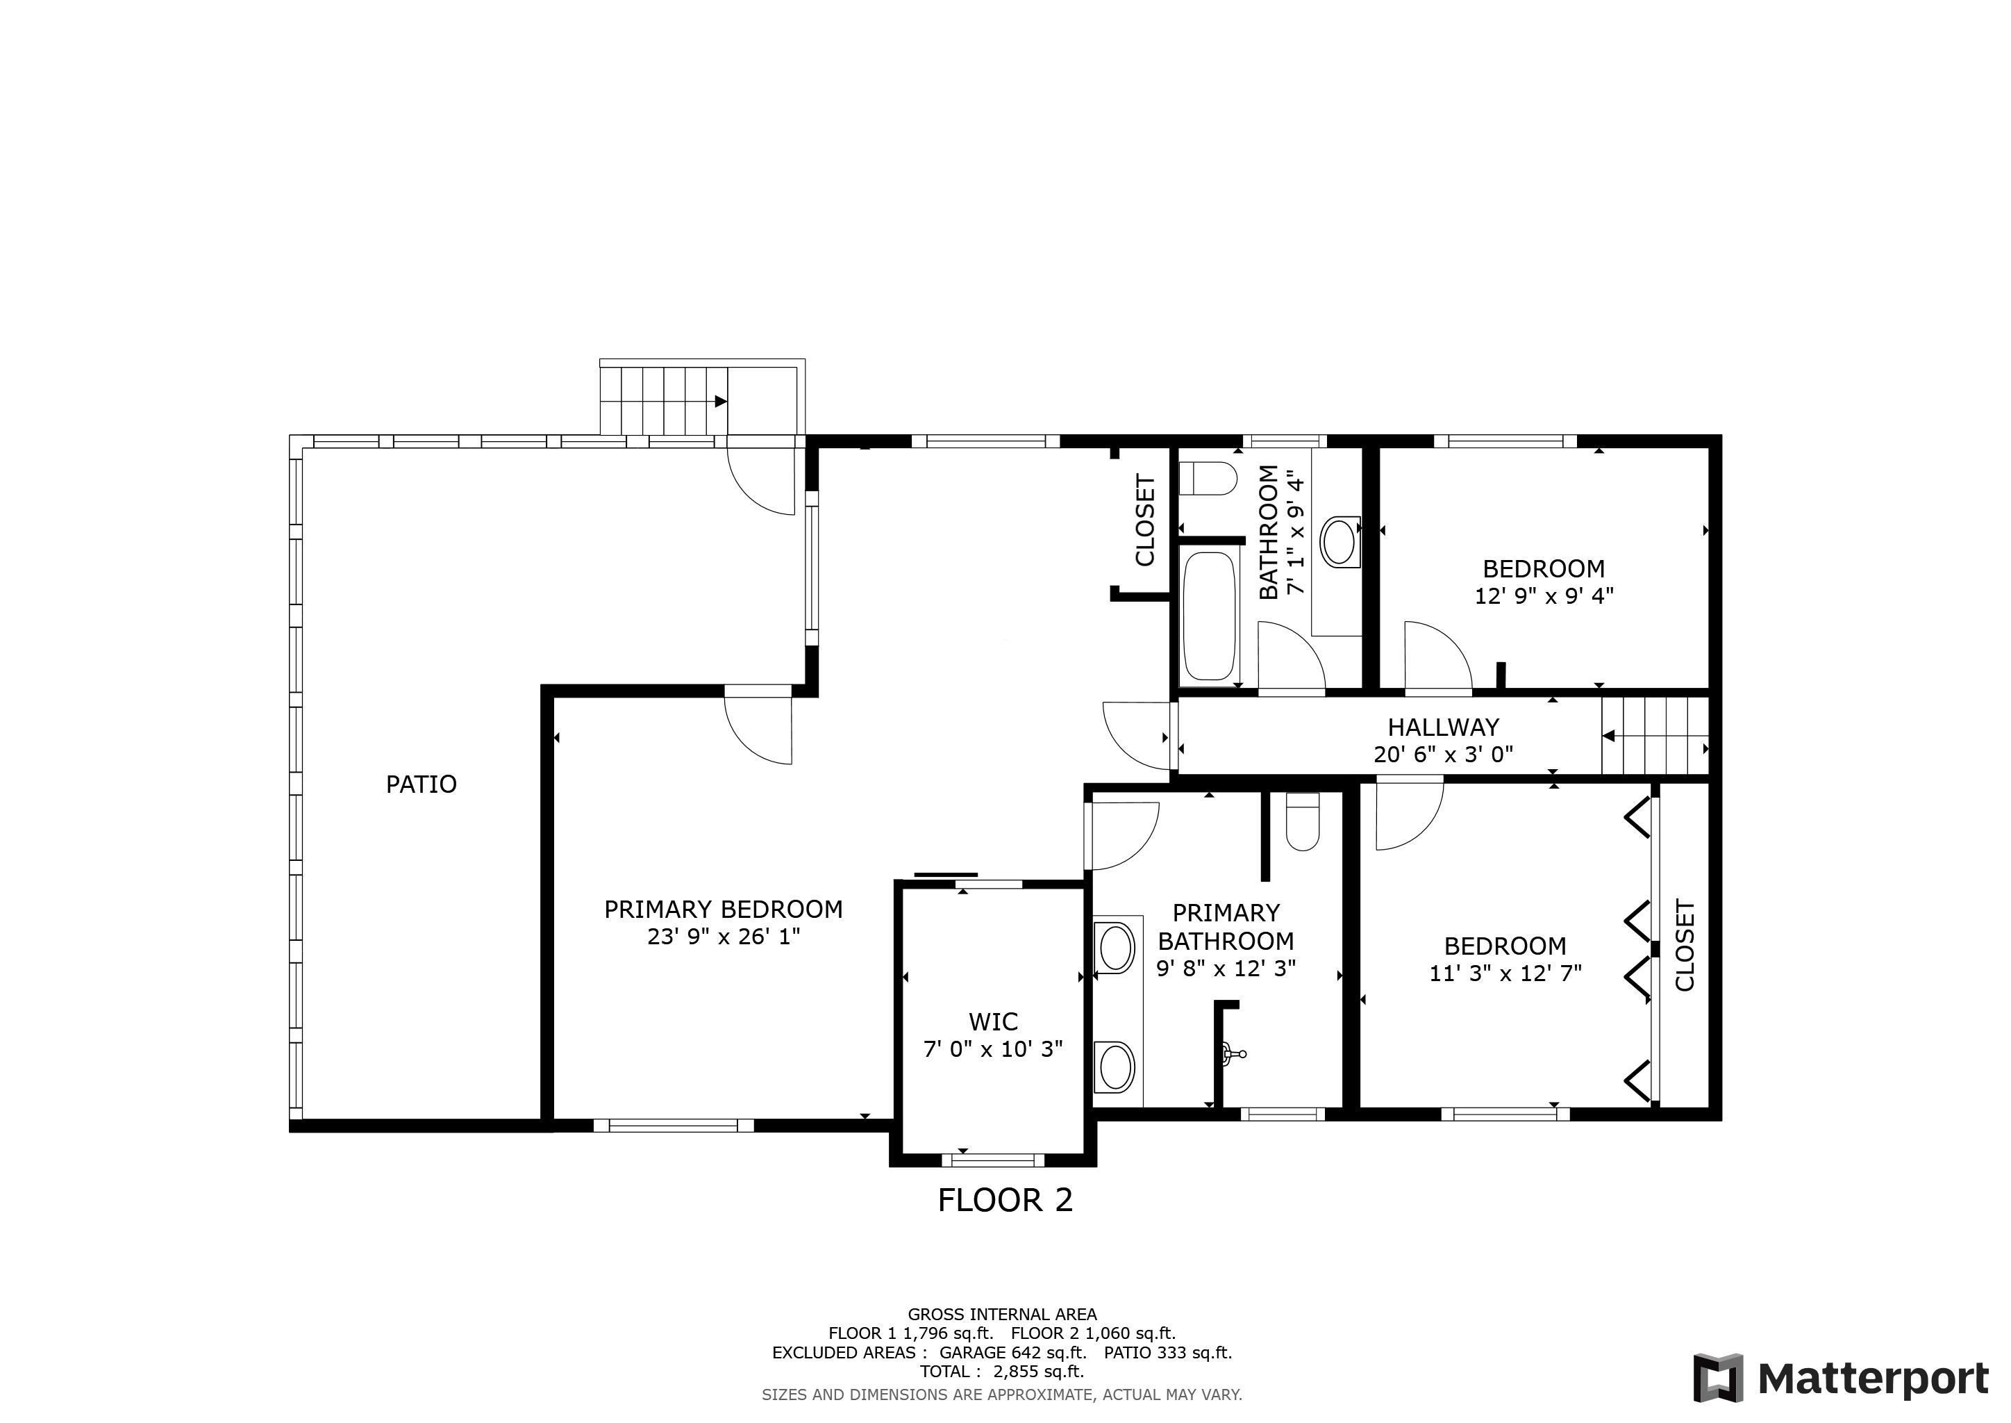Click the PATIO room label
click(x=422, y=784)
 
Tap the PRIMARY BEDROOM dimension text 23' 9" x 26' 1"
click(x=724, y=937)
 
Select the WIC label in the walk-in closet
click(x=993, y=1021)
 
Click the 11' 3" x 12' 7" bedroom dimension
click(x=1505, y=973)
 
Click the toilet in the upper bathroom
click(x=1208, y=479)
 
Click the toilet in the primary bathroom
click(x=1303, y=821)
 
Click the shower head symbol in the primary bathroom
click(x=1233, y=1053)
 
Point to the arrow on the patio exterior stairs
click(x=720, y=402)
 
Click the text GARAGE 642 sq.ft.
click(x=1012, y=1352)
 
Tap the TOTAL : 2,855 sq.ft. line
click(x=1002, y=1372)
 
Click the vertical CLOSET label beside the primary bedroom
click(x=1146, y=520)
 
